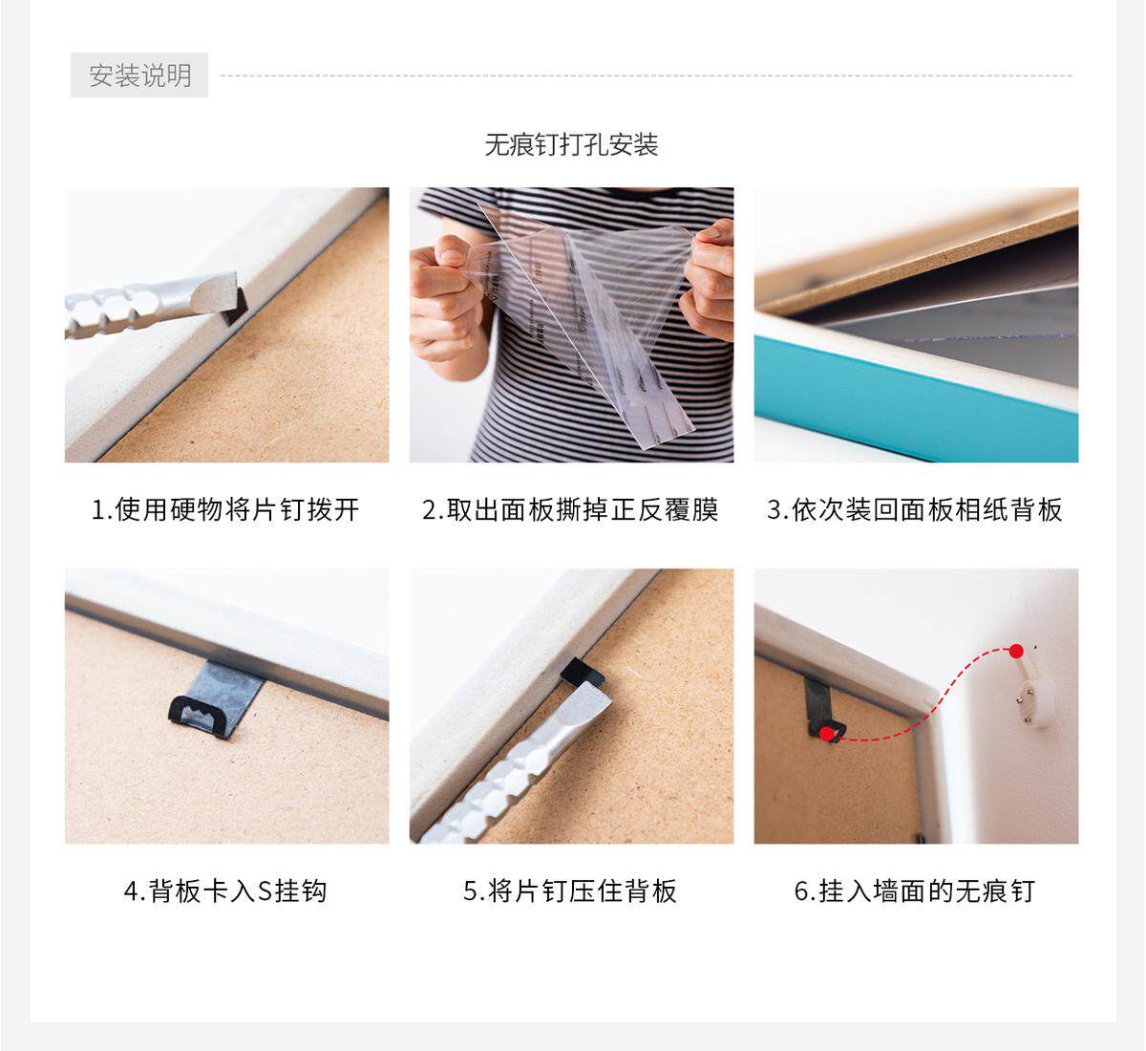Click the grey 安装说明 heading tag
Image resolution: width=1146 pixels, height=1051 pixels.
[139, 75]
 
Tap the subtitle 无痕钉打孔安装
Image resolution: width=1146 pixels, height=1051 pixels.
[571, 145]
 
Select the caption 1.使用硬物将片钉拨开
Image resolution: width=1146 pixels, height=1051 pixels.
[225, 509]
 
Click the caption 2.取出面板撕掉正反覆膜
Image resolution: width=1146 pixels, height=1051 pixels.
[570, 509]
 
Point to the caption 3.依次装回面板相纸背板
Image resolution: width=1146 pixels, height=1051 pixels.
[914, 509]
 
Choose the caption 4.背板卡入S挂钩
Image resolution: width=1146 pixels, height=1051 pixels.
[225, 890]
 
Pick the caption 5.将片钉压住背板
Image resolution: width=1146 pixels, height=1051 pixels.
[570, 890]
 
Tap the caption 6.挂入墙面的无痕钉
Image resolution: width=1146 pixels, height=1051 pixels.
[914, 890]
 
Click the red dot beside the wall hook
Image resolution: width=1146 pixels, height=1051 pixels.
[1016, 652]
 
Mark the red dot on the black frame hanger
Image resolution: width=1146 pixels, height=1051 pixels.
[826, 735]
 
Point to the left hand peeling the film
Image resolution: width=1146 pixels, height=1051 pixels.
[445, 296]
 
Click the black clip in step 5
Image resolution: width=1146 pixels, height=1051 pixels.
[583, 673]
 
